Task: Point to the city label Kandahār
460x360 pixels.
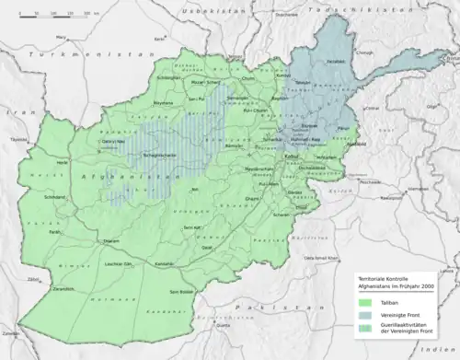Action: [164, 264]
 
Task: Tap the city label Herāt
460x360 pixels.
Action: [63, 162]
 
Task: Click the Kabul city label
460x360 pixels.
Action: [292, 157]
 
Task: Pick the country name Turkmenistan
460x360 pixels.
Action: [55, 55]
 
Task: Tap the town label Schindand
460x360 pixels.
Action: [54, 197]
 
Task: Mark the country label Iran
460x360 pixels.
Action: [14, 110]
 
